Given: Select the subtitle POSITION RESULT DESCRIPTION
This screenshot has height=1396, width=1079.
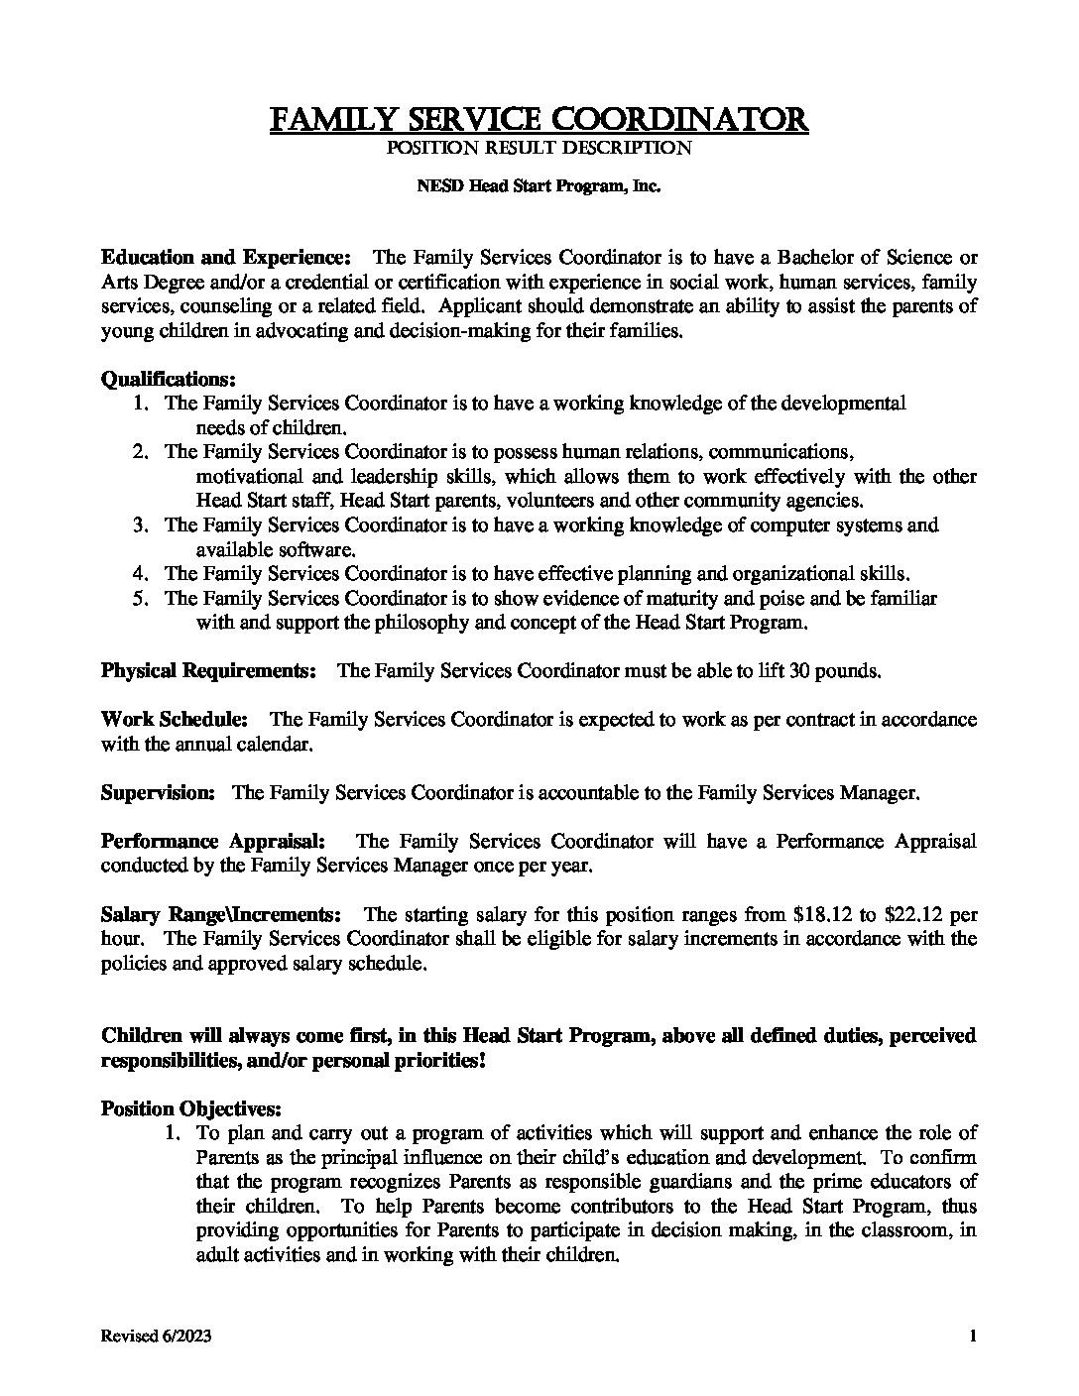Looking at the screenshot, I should [x=539, y=149].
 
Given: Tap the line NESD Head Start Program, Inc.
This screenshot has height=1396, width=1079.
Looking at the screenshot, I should [x=539, y=185].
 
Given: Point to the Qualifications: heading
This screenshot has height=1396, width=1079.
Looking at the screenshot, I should [x=169, y=379].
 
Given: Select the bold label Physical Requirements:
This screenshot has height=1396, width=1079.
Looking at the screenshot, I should [x=208, y=670].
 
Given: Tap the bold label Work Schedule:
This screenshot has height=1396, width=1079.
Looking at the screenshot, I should [x=175, y=719].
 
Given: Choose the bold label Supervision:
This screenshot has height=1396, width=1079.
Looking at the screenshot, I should [x=158, y=792].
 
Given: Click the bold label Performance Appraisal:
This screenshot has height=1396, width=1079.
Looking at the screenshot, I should [x=213, y=841].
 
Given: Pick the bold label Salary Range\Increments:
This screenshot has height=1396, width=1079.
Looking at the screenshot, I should [x=222, y=914].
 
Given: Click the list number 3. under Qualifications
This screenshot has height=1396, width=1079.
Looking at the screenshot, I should [x=141, y=524].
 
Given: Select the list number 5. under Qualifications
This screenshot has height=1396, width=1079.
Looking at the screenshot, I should [x=141, y=598].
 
